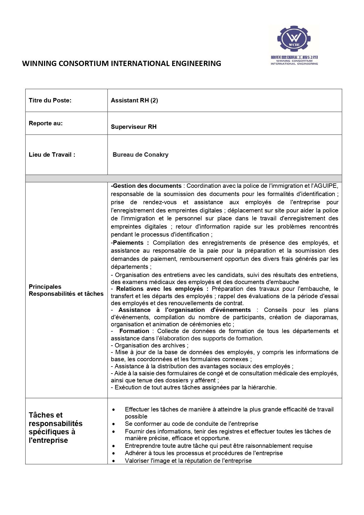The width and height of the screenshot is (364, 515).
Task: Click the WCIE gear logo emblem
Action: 294,39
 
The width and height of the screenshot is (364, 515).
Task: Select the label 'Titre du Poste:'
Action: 50,100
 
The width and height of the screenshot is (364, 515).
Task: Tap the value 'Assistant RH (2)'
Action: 134,100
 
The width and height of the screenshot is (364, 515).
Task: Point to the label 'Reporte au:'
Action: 46,123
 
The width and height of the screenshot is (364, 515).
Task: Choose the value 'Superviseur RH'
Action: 134,127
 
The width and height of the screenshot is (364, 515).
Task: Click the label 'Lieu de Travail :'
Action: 52,155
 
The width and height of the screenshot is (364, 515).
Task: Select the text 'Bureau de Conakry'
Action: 140,155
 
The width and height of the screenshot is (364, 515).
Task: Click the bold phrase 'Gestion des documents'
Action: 147,186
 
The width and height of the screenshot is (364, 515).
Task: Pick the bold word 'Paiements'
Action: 128,243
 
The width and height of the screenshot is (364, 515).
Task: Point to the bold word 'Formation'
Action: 134,331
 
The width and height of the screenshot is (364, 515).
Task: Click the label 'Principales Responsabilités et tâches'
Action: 66,290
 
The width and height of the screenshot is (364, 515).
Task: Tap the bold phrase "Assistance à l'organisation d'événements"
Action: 184,310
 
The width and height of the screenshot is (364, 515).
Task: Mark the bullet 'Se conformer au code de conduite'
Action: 192,424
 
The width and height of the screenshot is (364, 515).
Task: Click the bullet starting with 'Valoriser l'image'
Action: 188,461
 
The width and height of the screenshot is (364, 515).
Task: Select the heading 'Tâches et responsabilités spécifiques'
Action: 55,428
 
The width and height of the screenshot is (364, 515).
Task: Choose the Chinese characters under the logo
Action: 294,57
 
